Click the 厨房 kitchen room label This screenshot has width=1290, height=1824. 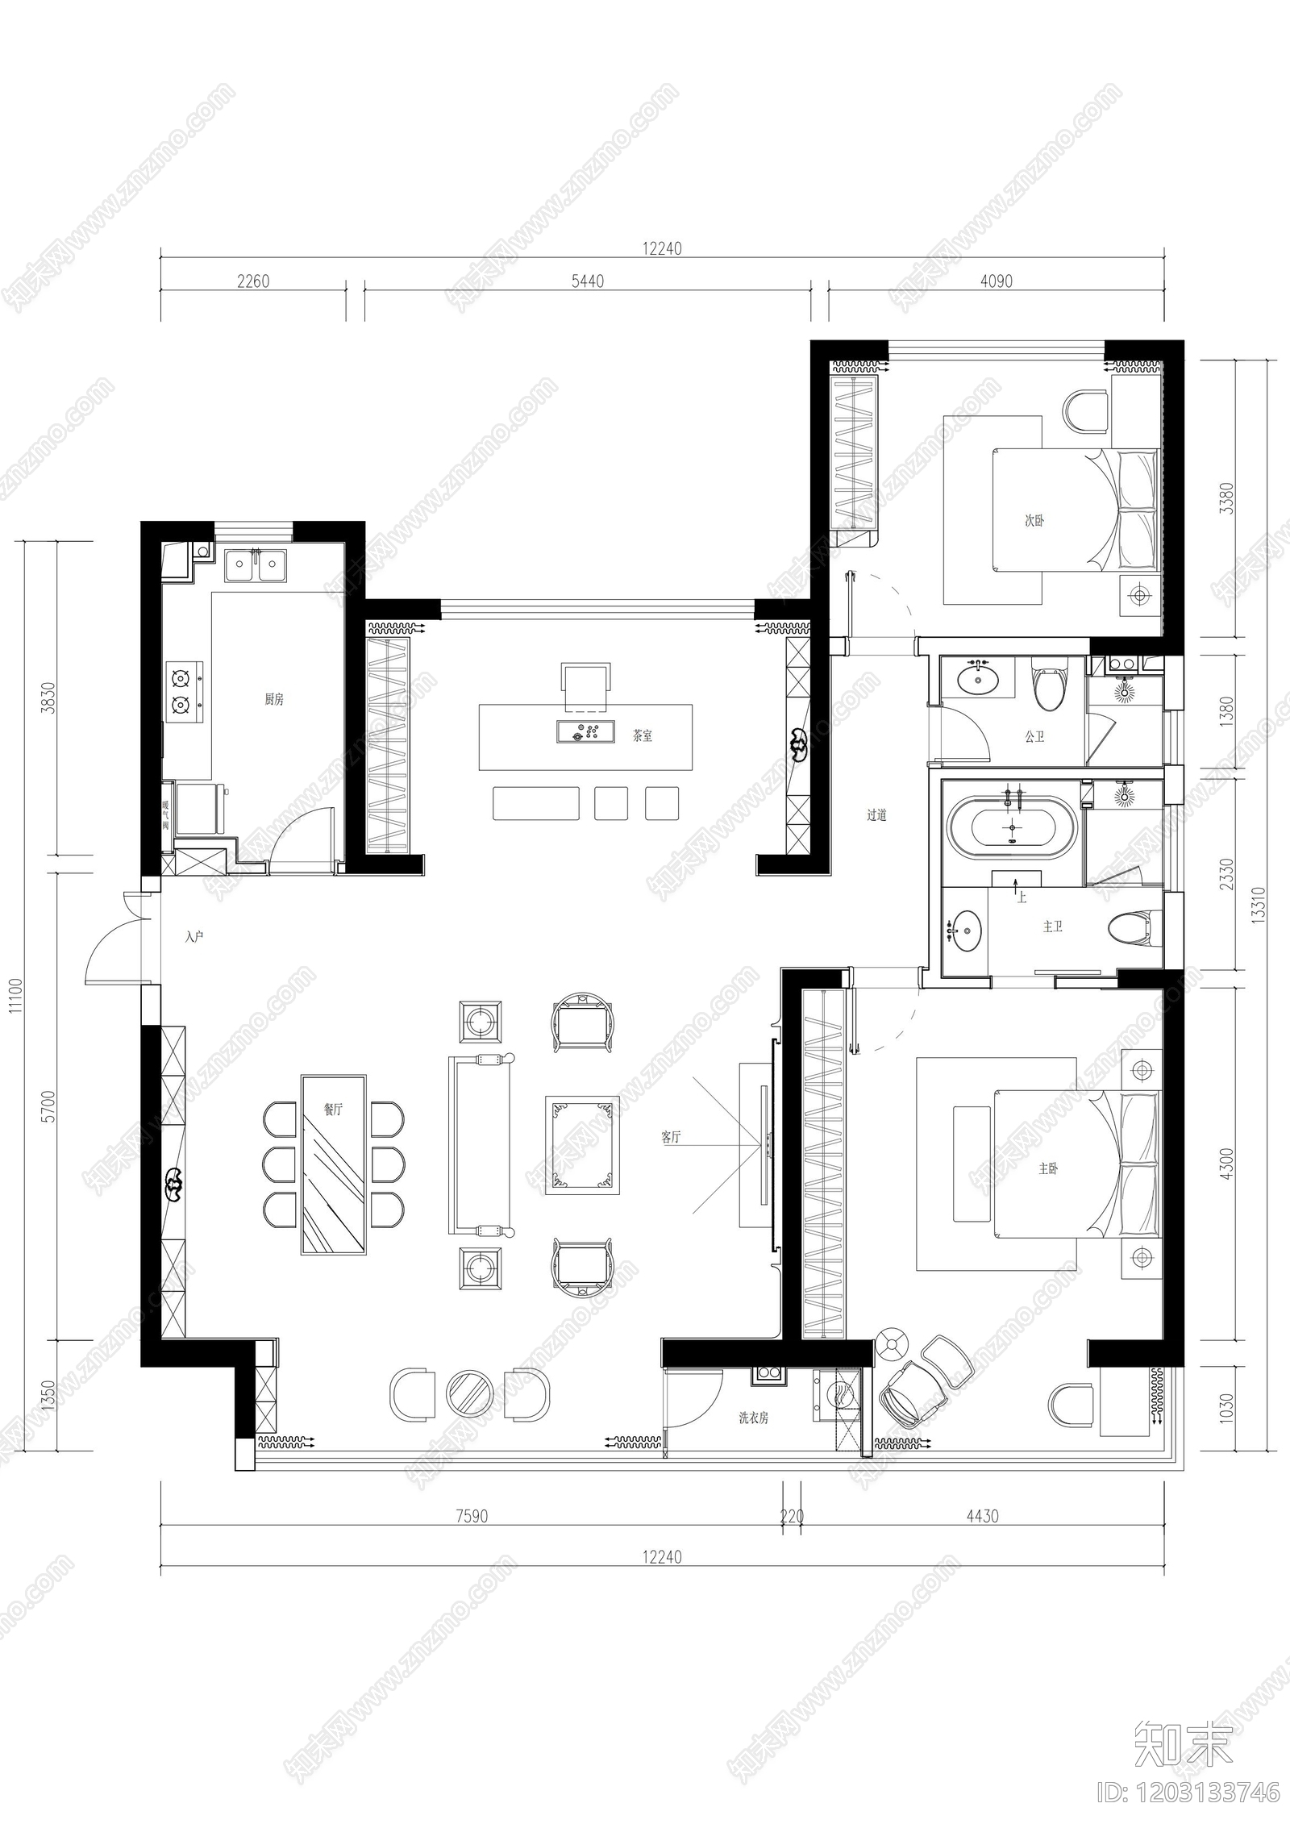pos(274,699)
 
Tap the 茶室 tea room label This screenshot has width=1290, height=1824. pos(642,735)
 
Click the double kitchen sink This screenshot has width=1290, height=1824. pos(255,564)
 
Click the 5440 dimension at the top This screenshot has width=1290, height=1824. pos(587,281)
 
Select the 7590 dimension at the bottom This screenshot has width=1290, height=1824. pos(472,1516)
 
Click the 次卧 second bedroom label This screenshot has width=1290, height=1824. pos(1034,521)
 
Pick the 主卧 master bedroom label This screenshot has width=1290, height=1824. pos(1048,1168)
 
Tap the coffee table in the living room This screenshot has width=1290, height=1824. pos(582,1144)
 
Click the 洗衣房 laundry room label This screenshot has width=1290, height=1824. pos(753,1417)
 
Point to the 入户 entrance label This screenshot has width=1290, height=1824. pos(193,936)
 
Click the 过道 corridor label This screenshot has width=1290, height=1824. pos(876,814)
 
